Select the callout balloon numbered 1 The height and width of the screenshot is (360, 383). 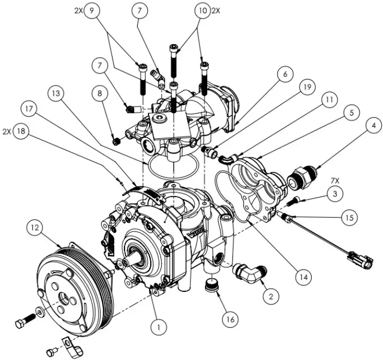tap(158, 327)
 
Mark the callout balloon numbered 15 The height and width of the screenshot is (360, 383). tap(349, 217)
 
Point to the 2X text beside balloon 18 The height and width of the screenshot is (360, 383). tap(7, 132)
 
